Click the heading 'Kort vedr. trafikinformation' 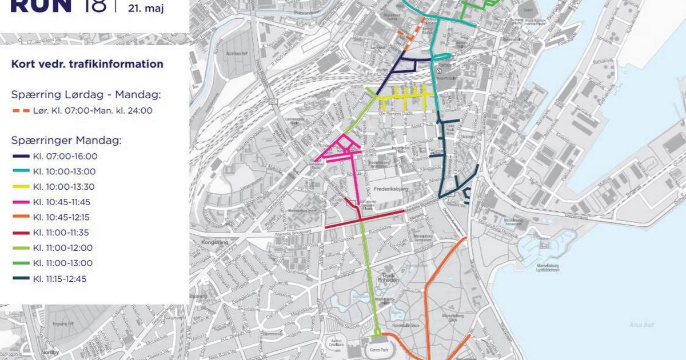click(87, 64)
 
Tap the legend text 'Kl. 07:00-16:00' click(65, 156)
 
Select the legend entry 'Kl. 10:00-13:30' click(64, 187)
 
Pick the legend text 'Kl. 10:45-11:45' click(62, 202)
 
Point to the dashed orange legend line click(21, 111)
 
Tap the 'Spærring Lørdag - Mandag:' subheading click(86, 94)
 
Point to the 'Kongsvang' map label click(214, 243)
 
